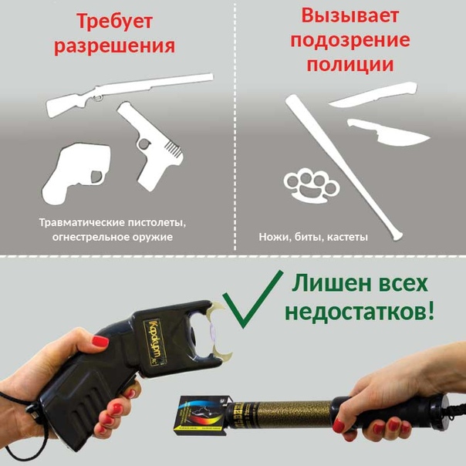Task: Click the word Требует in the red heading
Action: [x=115, y=22]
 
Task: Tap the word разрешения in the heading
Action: [x=114, y=46]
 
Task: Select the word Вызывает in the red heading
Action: [x=350, y=15]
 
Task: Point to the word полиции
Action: [x=350, y=64]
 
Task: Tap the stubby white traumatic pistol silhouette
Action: [x=76, y=174]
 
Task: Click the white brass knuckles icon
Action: [x=312, y=185]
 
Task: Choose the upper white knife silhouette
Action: [x=373, y=96]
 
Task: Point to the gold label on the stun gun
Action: [x=155, y=343]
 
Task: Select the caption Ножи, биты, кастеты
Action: [x=313, y=237]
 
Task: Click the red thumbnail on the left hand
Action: [x=100, y=341]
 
